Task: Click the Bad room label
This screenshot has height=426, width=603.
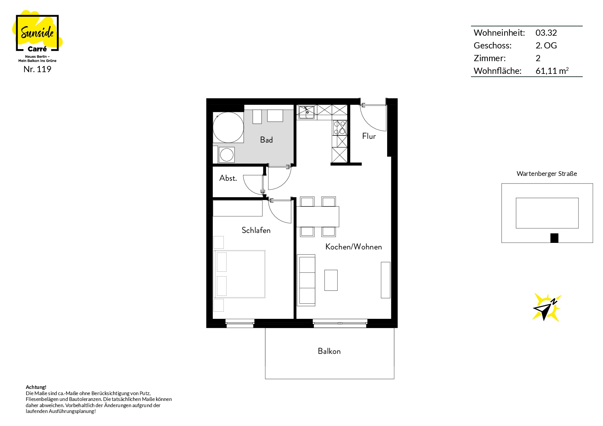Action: click(x=266, y=140)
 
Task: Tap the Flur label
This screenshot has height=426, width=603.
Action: click(x=369, y=136)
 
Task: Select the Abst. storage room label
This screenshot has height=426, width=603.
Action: click(x=228, y=178)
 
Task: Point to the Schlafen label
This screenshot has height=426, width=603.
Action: click(x=256, y=230)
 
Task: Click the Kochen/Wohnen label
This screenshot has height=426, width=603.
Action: click(x=353, y=247)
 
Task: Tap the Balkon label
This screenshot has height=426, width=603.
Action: click(x=329, y=351)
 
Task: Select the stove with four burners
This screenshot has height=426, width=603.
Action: click(x=340, y=127)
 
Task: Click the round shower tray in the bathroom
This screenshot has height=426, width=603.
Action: click(x=228, y=127)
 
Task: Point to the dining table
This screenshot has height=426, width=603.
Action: click(x=318, y=216)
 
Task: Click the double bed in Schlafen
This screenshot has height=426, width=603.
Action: click(x=240, y=274)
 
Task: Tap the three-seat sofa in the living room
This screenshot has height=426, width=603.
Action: click(x=306, y=280)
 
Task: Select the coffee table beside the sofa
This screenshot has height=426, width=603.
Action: click(x=331, y=280)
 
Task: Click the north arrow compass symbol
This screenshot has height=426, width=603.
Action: click(x=546, y=307)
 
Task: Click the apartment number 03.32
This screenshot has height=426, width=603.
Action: click(x=546, y=33)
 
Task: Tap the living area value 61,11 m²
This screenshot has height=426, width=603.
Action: click(x=552, y=71)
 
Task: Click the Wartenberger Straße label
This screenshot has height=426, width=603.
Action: click(x=547, y=174)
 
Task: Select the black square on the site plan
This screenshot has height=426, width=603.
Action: click(x=554, y=238)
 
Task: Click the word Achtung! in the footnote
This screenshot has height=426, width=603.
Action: click(x=36, y=387)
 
